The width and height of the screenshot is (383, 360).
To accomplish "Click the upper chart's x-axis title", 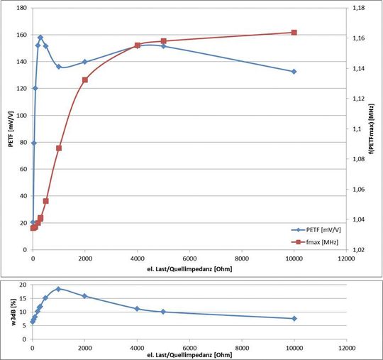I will (189, 269).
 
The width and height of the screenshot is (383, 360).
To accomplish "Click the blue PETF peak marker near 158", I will (40, 38).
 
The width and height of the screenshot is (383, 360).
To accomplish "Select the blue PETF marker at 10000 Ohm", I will (294, 72).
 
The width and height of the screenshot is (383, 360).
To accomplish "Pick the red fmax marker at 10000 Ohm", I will (294, 33).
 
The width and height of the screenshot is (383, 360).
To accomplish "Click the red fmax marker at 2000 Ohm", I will (85, 80).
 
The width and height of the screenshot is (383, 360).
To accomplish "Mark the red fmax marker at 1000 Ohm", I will (59, 148).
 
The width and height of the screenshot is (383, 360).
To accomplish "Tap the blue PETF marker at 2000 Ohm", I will (85, 62).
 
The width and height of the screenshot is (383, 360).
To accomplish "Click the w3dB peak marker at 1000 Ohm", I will (58, 289).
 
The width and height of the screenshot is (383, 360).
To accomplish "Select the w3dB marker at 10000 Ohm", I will (294, 318).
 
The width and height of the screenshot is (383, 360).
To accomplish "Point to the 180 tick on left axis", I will (21, 9).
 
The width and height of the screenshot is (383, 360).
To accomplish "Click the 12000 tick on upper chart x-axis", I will (346, 260).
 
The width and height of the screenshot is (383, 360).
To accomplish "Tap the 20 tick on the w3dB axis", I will (23, 285).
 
